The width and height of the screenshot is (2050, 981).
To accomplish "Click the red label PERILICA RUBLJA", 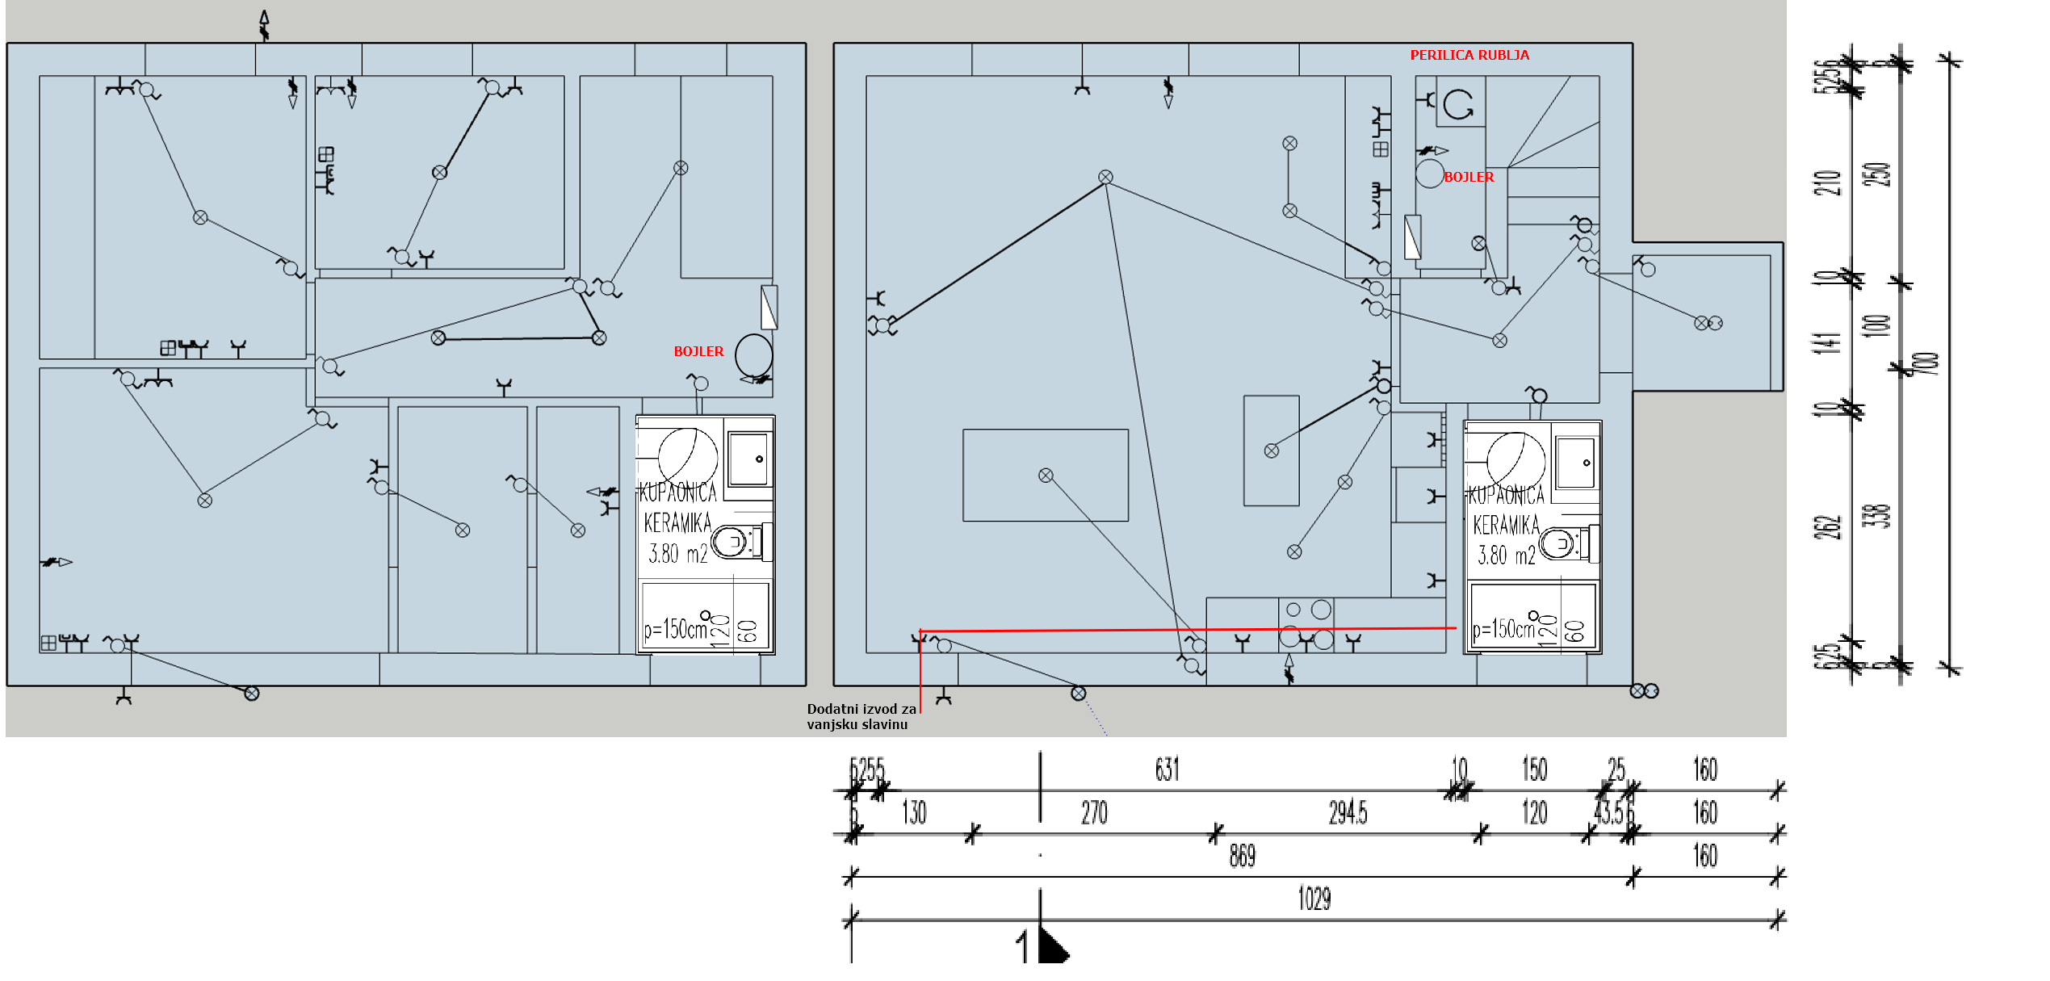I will click(1469, 55).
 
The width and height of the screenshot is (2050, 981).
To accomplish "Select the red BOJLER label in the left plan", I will click(698, 351).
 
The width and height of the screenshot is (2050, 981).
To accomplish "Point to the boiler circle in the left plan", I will click(753, 355).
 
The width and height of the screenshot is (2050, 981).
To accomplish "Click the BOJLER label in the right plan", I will click(1469, 177).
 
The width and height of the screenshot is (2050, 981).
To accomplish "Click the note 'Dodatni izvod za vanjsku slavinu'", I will click(861, 716).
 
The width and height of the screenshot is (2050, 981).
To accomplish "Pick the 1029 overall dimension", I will click(1314, 898).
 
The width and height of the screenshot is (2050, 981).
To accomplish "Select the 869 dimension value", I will click(1242, 855).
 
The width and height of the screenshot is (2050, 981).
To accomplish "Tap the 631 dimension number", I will click(1167, 769).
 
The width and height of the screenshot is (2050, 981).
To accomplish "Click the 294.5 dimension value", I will click(1348, 812).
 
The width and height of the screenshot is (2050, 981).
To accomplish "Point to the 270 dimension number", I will click(1094, 812).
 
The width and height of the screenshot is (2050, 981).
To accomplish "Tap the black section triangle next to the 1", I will click(1052, 947).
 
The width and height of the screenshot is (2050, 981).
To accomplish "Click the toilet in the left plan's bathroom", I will click(733, 542).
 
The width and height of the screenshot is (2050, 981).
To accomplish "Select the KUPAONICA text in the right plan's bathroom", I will click(1506, 494).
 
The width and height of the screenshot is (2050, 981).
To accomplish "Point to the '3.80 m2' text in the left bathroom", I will click(678, 554).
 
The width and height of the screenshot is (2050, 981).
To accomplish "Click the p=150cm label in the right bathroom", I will click(1503, 629).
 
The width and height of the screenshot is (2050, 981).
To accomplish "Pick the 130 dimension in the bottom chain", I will click(914, 812).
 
